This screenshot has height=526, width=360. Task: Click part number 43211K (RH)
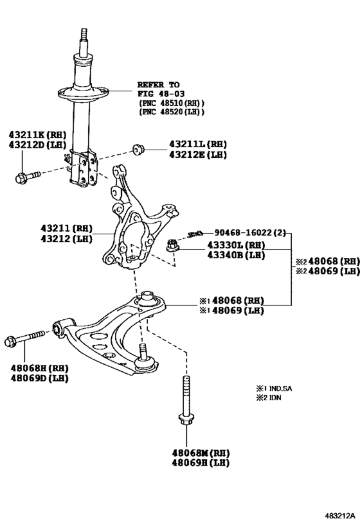click(38, 135)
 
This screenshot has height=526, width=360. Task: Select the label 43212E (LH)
click(198, 155)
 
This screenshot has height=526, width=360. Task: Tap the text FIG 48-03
click(161, 94)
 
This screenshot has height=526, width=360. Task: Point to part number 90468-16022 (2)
click(250, 232)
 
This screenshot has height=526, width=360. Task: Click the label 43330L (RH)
click(236, 245)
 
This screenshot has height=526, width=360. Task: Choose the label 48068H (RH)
click(40, 369)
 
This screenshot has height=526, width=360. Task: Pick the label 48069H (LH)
click(201, 462)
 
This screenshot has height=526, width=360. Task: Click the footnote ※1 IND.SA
click(274, 389)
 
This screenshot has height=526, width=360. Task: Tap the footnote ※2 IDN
click(269, 398)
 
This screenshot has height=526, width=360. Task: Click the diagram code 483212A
click(339, 515)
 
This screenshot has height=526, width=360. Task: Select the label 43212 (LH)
click(66, 239)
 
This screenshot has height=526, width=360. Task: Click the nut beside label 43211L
click(138, 149)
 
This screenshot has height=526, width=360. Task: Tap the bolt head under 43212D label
click(21, 178)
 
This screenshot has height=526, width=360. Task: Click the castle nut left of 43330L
click(172, 245)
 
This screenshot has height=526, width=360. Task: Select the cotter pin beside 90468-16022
click(195, 234)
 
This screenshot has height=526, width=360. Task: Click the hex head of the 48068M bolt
click(186, 419)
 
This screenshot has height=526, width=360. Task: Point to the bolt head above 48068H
click(10, 342)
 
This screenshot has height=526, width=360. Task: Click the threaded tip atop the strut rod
click(84, 34)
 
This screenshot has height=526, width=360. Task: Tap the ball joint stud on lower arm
click(143, 351)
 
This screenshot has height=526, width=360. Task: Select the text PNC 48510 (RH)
click(171, 103)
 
